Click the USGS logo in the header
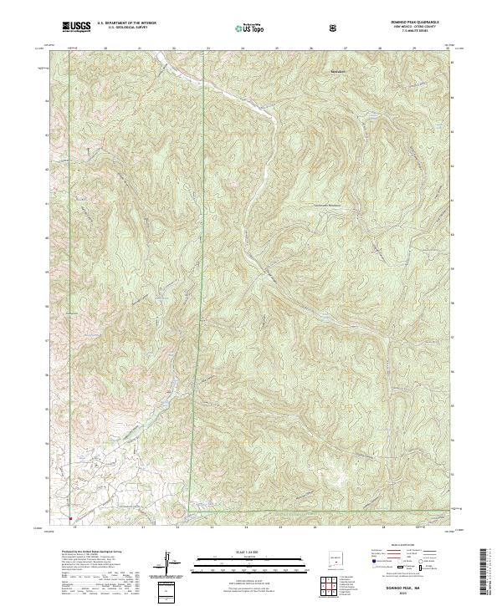[77, 27]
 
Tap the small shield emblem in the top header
[334, 28]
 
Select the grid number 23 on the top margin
[208, 48]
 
